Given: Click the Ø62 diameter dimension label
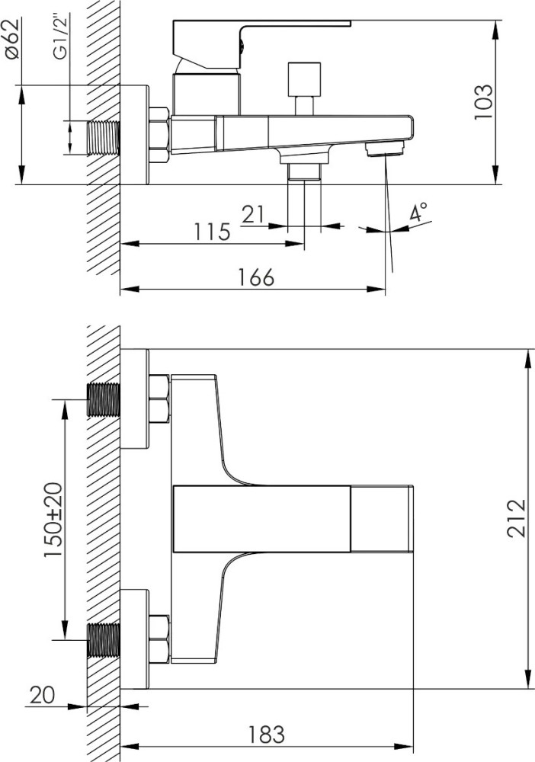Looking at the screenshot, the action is coord(13,38).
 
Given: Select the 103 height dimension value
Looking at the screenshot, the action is coord(483,102).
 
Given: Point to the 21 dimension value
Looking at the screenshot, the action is coord(254,214).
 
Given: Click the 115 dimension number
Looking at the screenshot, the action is coord(213,232).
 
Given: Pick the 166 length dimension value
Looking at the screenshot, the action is coord(255,277).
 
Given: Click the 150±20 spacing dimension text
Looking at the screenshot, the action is coord(53,520).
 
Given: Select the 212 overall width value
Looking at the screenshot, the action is coord(517,518).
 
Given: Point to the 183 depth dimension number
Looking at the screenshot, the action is coord(267,735).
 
